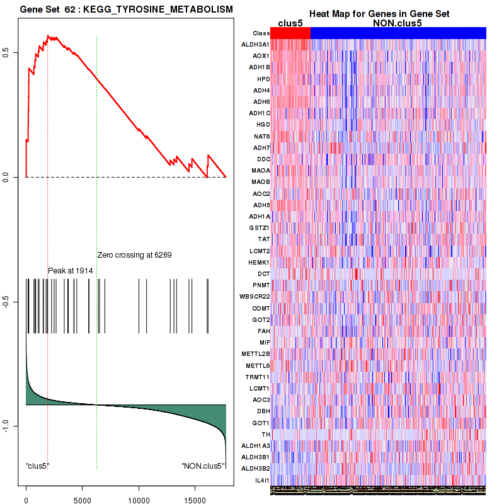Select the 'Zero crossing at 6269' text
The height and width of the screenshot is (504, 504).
(134, 255)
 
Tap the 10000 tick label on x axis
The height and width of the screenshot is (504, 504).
(139, 495)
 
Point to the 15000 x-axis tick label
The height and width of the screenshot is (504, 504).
(195, 495)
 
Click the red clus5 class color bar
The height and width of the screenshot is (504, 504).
(290, 33)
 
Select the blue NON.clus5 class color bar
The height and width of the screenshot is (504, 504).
(398, 33)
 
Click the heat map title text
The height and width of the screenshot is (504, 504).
(379, 14)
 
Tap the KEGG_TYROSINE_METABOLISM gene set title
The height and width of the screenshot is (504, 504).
(126, 10)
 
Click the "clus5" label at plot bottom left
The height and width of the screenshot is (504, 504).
(38, 466)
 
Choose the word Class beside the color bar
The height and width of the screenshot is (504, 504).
(261, 33)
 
